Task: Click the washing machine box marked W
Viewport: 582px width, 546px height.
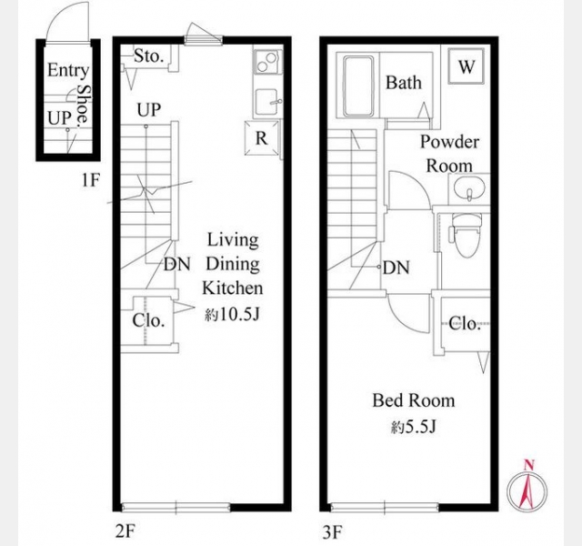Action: click(x=467, y=66)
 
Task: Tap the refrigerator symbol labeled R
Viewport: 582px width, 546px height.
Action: click(x=262, y=137)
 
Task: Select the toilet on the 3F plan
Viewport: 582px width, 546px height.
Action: click(x=467, y=235)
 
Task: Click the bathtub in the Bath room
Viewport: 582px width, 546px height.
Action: click(x=358, y=86)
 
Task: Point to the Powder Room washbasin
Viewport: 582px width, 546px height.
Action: click(x=469, y=188)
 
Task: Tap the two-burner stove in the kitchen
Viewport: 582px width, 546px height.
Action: click(x=267, y=62)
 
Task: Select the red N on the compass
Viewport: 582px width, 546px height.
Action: click(x=529, y=465)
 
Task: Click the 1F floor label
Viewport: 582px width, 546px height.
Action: click(x=91, y=180)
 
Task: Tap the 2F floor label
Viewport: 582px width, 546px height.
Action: click(x=125, y=531)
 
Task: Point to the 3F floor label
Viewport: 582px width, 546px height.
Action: click(x=332, y=532)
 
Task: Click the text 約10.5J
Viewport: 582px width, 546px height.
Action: click(x=232, y=315)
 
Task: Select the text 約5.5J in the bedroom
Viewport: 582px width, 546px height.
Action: click(x=413, y=428)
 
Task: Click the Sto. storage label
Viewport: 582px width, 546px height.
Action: click(x=148, y=56)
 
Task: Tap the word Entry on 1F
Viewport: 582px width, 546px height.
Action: click(x=68, y=70)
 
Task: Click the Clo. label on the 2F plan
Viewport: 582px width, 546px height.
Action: click(x=148, y=321)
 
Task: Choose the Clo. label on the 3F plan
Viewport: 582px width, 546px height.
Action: click(x=465, y=324)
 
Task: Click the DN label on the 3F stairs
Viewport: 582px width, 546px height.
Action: click(x=396, y=268)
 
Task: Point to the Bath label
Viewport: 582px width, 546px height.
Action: click(x=404, y=83)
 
